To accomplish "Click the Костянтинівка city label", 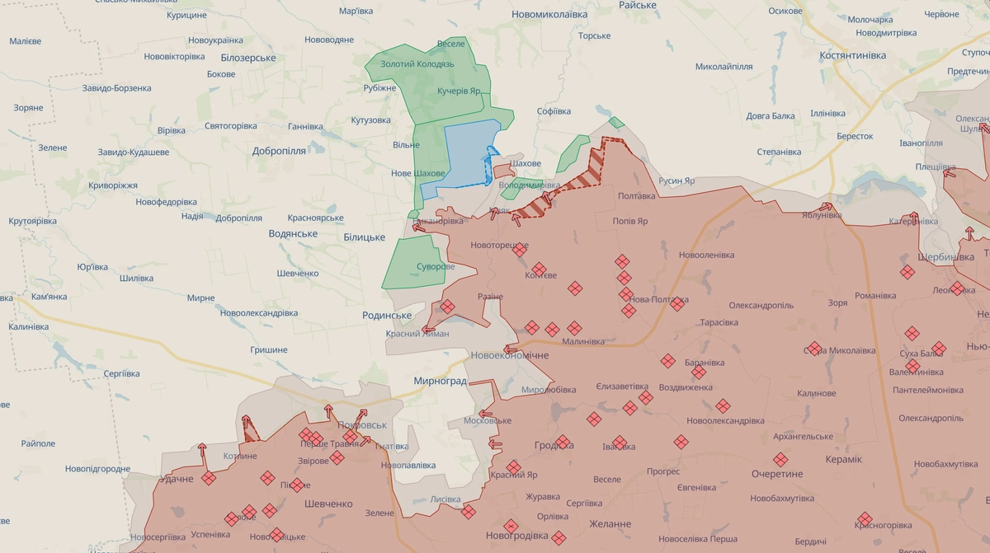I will click(x=853, y=55).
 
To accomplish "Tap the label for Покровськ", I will click(x=362, y=424).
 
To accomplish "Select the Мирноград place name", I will click(x=440, y=381).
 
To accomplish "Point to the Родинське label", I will click(x=387, y=316).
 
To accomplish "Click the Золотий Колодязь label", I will click(x=417, y=64).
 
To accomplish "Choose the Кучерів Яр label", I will click(x=460, y=91).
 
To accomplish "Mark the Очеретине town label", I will click(x=777, y=475).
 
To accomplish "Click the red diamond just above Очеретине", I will click(x=780, y=460).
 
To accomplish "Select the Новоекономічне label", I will click(x=509, y=355).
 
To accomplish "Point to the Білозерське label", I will click(x=248, y=58).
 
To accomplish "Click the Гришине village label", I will click(x=269, y=350).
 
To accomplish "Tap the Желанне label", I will click(x=610, y=524).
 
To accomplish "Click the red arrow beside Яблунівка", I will click(x=825, y=207).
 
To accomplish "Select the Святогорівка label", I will click(x=231, y=126).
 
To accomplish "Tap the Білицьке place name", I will click(x=364, y=237).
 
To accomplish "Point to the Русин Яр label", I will click(x=676, y=181).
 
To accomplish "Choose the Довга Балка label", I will click(x=771, y=116).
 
